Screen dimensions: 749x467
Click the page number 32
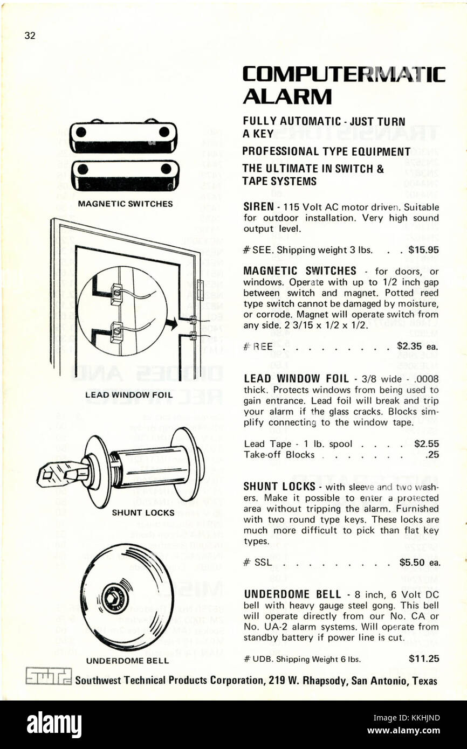(30, 36)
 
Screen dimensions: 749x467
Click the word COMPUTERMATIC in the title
(344, 74)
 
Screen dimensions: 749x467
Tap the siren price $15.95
(423, 249)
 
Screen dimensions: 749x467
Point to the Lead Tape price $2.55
(426, 443)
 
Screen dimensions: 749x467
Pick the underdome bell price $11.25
(424, 658)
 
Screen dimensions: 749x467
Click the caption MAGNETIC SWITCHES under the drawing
(125, 204)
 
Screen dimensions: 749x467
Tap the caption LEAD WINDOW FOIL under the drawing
(129, 395)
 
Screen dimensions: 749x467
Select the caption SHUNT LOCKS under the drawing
(143, 512)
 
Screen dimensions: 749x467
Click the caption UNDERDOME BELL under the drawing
(127, 661)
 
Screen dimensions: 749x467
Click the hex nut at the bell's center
(114, 598)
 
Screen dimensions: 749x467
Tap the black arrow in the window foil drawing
(172, 324)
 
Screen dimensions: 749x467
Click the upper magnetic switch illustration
(123, 136)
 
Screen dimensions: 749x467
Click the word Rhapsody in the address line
(320, 680)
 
